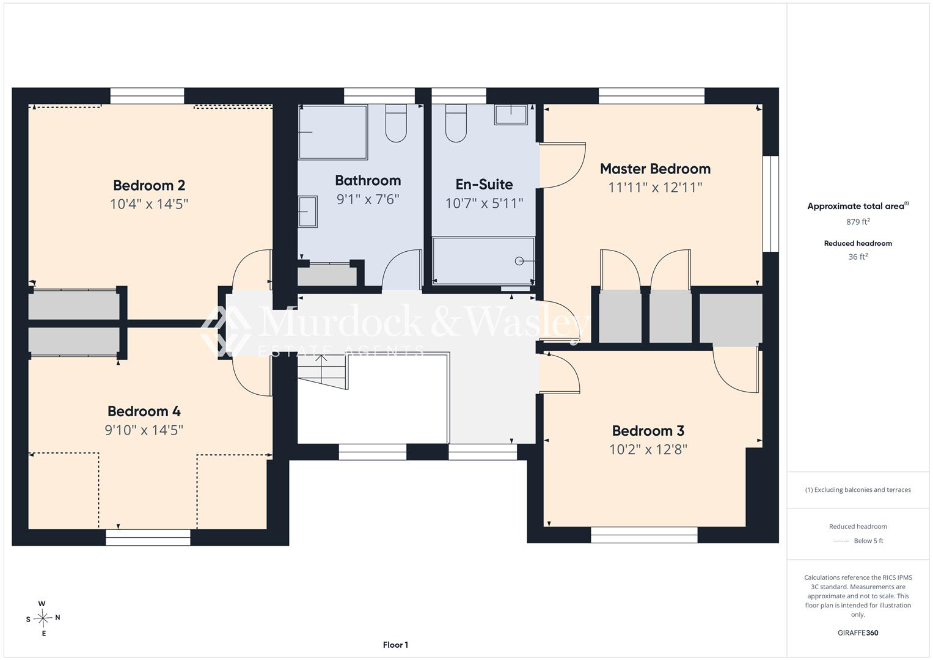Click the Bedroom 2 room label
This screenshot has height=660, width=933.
coord(148,185)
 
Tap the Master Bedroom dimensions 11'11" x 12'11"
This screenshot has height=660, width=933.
coord(655,188)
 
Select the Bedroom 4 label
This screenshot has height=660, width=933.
coord(144,411)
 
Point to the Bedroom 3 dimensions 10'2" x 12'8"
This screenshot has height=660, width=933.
coord(648,450)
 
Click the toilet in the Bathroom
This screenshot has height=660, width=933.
coord(396,123)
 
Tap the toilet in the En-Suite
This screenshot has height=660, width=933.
coord(456,123)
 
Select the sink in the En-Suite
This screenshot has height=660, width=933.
coord(511,115)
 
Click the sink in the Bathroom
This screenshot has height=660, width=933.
coord(307,211)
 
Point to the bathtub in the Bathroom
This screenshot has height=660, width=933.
coord(333,132)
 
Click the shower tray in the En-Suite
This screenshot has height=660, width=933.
coord(483,261)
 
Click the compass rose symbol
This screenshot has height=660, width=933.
coord(43,618)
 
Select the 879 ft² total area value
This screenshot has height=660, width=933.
coord(858,222)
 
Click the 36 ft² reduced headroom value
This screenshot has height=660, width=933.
coord(858,257)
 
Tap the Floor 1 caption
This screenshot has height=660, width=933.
coord(395,645)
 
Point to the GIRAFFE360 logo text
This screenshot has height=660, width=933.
coord(858,632)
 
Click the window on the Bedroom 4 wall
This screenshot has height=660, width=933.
coord(148,537)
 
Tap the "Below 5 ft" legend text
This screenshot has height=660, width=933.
coord(868,540)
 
